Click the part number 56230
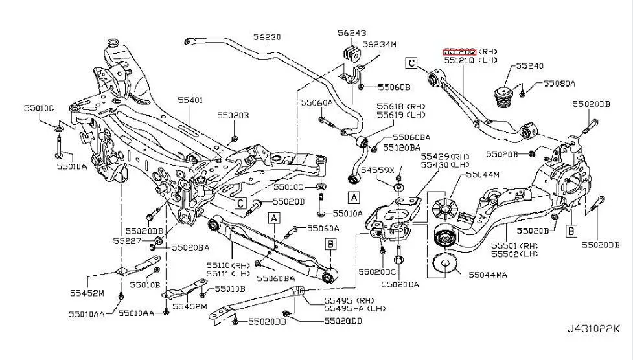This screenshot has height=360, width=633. click(x=266, y=38)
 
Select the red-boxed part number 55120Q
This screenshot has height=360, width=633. click(x=459, y=51)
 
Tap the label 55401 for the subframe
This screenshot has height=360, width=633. click(x=191, y=100)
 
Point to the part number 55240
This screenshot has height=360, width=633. click(x=529, y=66)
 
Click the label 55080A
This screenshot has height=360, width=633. click(x=559, y=84)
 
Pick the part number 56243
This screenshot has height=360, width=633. click(x=351, y=32)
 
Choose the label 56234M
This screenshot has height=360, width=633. click(x=379, y=44)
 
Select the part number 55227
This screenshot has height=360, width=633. click(x=126, y=240)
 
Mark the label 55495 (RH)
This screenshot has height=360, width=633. click(x=340, y=300)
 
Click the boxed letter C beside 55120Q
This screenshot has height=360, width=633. click(x=411, y=63)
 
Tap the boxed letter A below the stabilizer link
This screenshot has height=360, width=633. click(x=353, y=196)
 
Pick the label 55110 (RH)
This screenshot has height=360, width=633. click(x=228, y=265)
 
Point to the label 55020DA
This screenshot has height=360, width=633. click(x=400, y=284)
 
